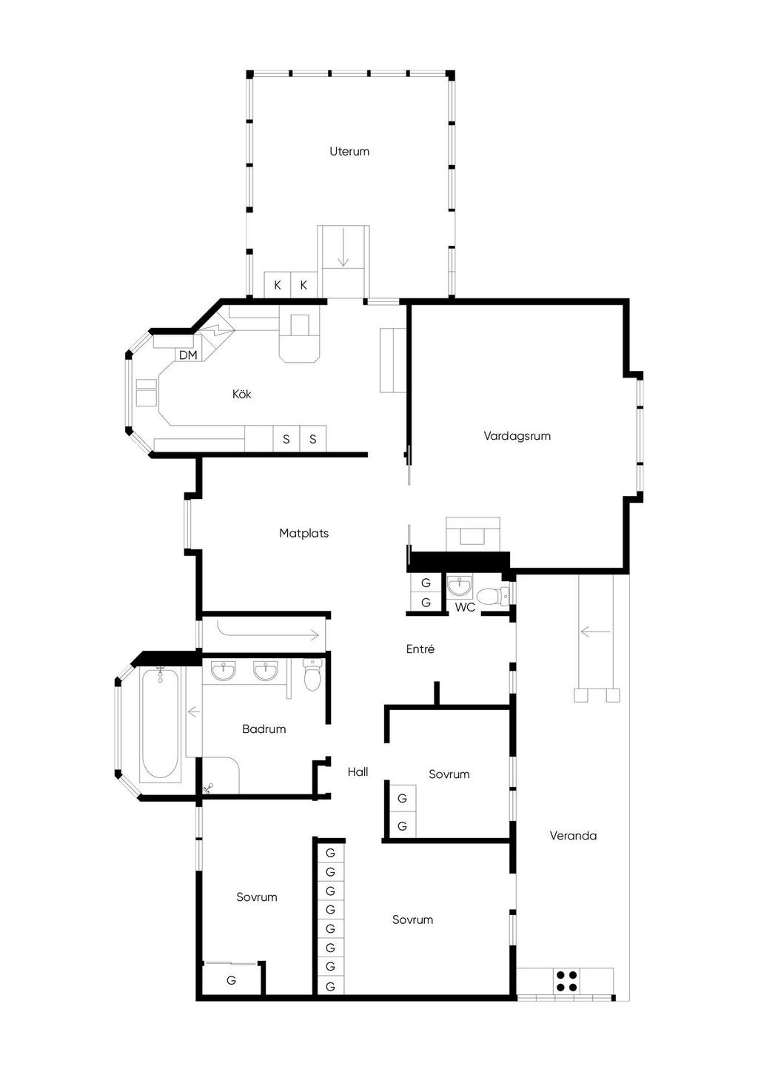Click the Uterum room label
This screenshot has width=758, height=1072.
pos(349,152)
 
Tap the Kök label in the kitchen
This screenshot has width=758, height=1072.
pos(241,394)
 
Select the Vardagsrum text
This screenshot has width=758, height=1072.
pos(517,436)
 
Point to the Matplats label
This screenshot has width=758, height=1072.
pos(304,533)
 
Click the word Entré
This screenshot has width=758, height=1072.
pos(420,649)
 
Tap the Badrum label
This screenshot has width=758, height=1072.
pos(264,729)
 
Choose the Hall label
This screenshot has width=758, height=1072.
pos(358,771)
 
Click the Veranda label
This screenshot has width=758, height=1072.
pos(573,836)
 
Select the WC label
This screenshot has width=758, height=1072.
pos(465,607)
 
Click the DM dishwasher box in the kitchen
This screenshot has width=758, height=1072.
pos(188,355)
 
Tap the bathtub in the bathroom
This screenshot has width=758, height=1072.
pos(161,724)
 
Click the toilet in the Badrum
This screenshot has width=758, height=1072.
pos(312,674)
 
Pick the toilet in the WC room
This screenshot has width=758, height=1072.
pos(492,596)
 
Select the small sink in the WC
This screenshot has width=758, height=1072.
pos(460,586)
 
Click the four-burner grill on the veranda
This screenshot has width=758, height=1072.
pos(566,980)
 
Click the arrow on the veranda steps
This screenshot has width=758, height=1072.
pos(595,632)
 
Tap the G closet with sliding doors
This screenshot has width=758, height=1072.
pos(231,980)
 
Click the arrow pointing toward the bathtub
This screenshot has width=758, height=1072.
pos(193,712)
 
